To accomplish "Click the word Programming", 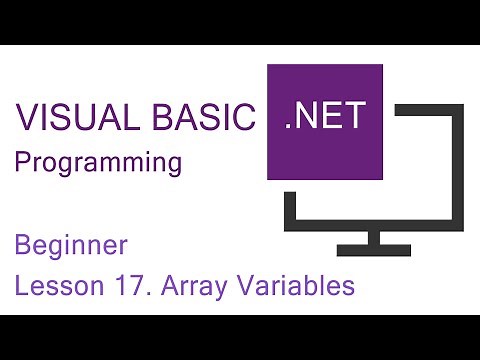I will pos(98,162).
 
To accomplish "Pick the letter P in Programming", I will pos(21,162).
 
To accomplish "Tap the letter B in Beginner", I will pos(22,244).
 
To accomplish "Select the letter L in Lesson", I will pos(21,286).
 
